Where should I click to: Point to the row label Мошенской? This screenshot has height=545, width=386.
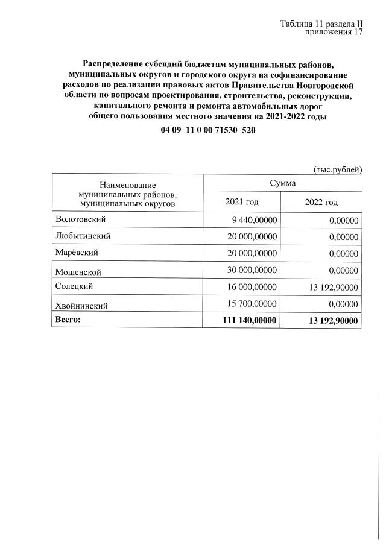point(78,272)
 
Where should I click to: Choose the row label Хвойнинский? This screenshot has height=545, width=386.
point(81,306)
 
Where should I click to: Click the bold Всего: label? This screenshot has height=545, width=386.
point(68,320)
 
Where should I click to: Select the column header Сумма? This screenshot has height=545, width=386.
point(282,181)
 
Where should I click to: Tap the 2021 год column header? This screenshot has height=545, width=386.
point(241,201)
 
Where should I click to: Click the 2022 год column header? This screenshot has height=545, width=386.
point(321,201)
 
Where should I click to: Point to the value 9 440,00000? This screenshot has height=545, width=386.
point(254,221)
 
